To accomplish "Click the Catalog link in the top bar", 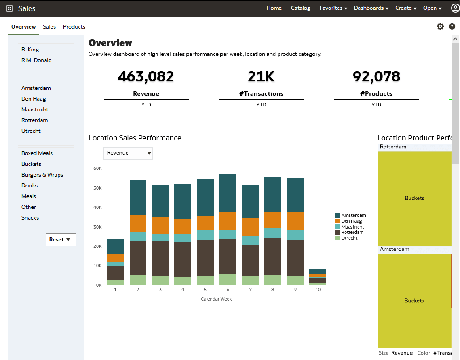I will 300,8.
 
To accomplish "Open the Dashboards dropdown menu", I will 371,8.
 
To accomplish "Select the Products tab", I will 74,27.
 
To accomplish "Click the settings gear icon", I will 440,26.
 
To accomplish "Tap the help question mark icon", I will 452,26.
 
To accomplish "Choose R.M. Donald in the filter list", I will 36,60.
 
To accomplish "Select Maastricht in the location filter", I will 35,110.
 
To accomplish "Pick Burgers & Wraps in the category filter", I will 42,175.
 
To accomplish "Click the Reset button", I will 61,240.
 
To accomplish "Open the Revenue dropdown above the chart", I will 128,153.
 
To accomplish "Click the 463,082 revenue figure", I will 146,76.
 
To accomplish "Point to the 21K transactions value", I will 261,76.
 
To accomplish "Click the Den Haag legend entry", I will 351,221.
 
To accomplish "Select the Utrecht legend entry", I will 349,238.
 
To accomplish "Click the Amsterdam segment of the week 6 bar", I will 228,193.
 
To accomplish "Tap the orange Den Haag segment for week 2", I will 138,223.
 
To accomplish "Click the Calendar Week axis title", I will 216,299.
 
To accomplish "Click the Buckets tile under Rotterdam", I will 414,198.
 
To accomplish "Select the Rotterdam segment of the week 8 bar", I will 273,256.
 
